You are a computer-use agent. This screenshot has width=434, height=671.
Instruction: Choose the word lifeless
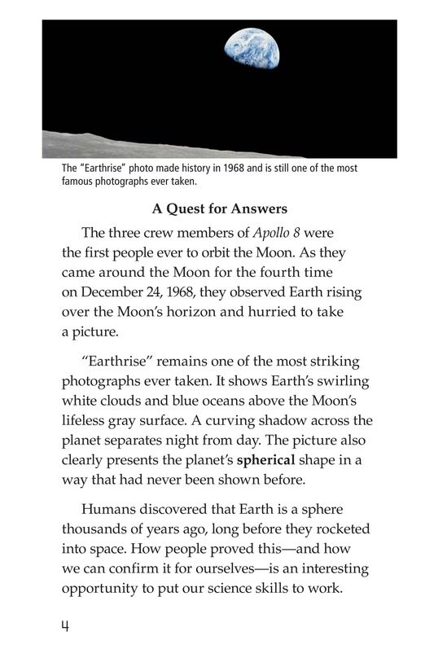pyautogui.click(x=86, y=421)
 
